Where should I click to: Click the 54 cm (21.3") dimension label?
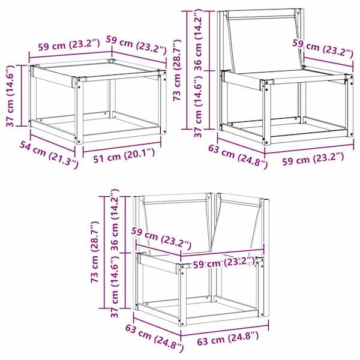point(49,155)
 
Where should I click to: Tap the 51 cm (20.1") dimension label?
point(124,155)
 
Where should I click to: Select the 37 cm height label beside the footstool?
point(11,96)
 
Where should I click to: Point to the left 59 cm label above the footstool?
point(69,44)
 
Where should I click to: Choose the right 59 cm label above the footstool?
point(136,45)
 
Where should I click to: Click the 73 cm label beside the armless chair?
point(178,70)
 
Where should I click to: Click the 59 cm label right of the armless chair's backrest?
point(323,49)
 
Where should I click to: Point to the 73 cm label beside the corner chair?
point(95,251)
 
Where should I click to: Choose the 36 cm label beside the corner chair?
point(115,220)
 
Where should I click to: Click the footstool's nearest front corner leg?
point(79,111)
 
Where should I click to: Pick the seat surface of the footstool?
point(99,70)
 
